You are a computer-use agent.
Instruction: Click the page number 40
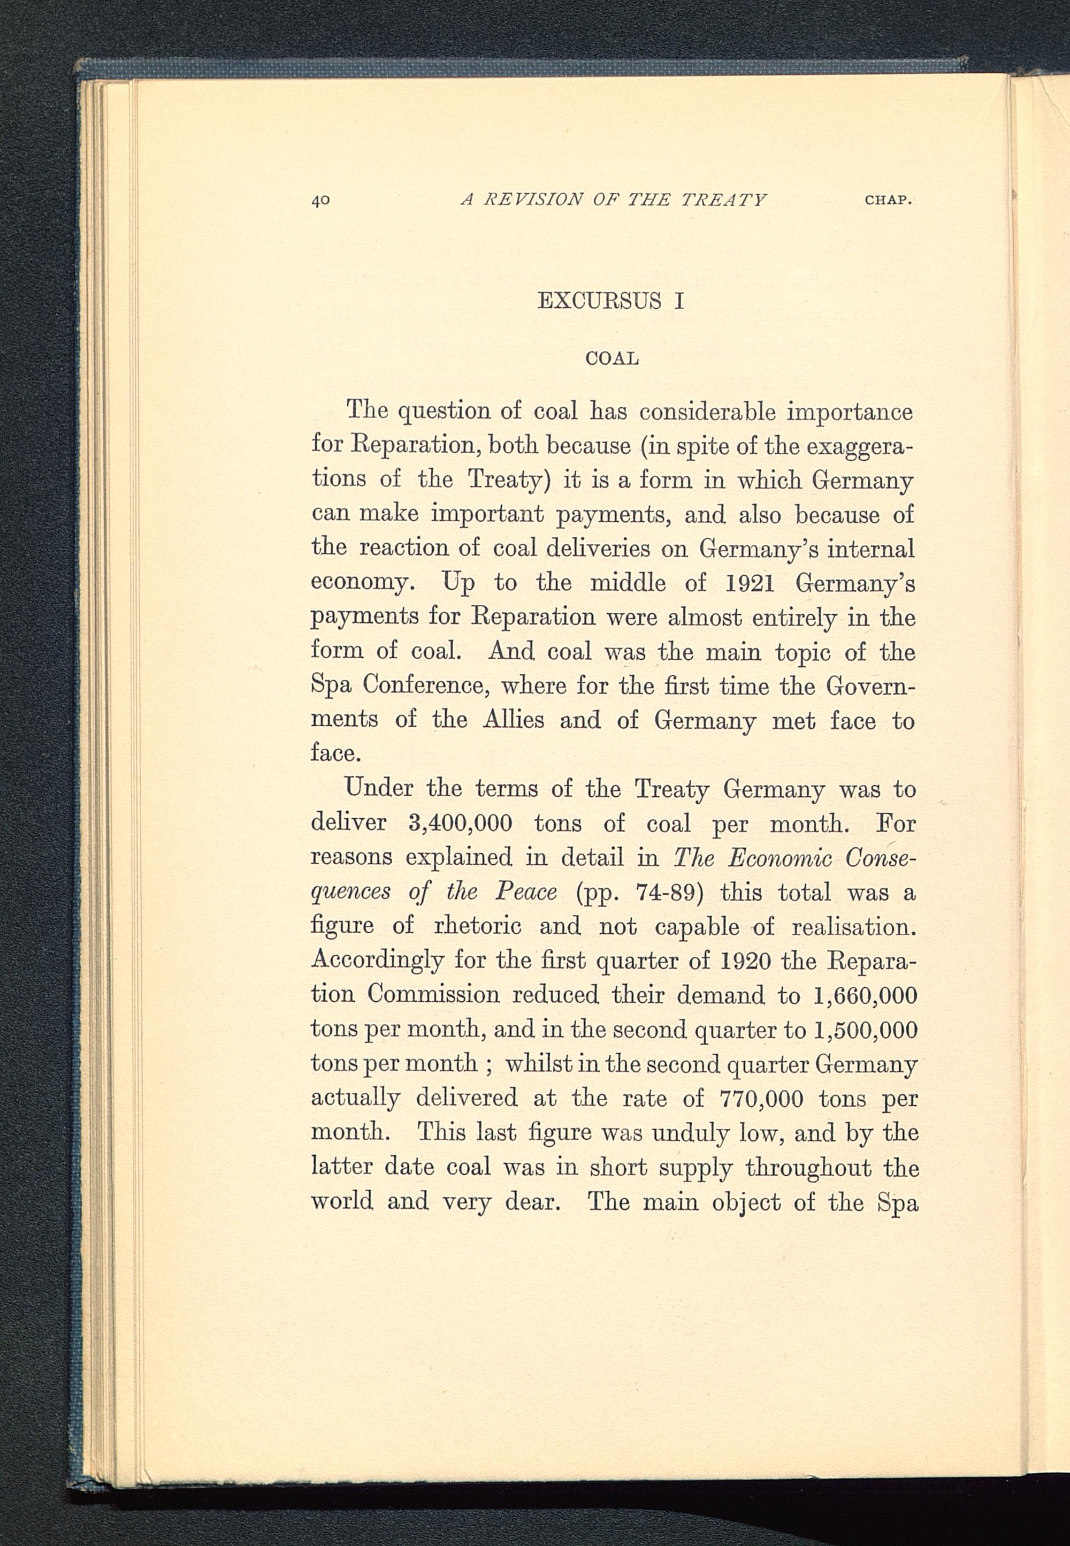pyautogui.click(x=321, y=200)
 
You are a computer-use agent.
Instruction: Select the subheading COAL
pyautogui.click(x=612, y=359)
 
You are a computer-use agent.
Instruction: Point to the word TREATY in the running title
pyautogui.click(x=723, y=200)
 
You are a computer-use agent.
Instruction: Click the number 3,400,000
pyautogui.click(x=460, y=822)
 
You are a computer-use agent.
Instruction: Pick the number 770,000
pyautogui.click(x=761, y=1098)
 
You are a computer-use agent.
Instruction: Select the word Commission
pyautogui.click(x=433, y=995)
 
